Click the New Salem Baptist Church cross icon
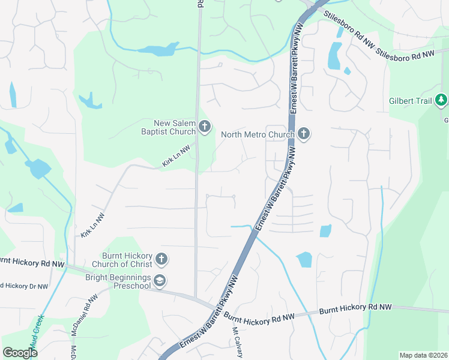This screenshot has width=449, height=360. pyautogui.click(x=205, y=126)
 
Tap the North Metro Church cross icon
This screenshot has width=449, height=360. pyautogui.click(x=304, y=134)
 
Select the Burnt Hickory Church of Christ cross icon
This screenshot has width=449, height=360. pyautogui.click(x=161, y=259)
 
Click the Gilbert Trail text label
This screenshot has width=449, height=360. pyautogui.click(x=411, y=101)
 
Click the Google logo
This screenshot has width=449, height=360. pyautogui.click(x=20, y=352)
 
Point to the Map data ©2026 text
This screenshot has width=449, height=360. pyautogui.click(x=423, y=355)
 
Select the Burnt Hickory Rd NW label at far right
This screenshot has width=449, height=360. pyautogui.click(x=355, y=307)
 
